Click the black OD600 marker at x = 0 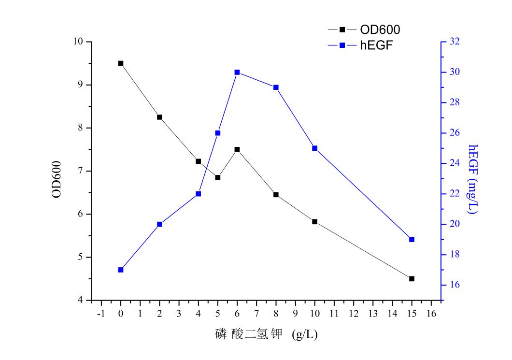click(x=121, y=63)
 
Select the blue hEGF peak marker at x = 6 click(x=237, y=72)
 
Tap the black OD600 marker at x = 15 click(x=412, y=279)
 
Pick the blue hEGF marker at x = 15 click(x=412, y=239)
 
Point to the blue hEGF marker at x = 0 click(x=121, y=270)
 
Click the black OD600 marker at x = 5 click(x=218, y=178)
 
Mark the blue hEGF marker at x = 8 click(x=276, y=87)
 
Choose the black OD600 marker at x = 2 click(x=159, y=117)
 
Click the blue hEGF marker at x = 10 click(x=314, y=148)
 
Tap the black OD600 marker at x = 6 click(x=237, y=150)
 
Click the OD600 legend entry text click(x=380, y=30)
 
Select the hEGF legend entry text click(x=374, y=45)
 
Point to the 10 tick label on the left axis click(x=78, y=42)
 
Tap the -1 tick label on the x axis click(x=101, y=314)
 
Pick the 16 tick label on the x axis click(x=431, y=314)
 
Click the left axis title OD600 click(x=57, y=179)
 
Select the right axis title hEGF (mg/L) click(x=473, y=179)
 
